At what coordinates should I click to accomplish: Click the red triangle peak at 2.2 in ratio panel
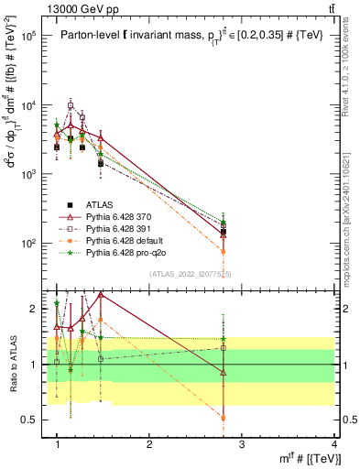[101, 295]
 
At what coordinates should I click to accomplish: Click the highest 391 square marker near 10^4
[71, 105]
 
